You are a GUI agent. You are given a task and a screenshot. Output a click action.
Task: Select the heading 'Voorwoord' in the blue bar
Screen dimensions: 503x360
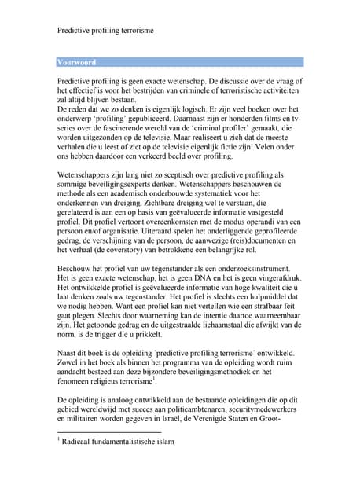[x=77, y=62]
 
